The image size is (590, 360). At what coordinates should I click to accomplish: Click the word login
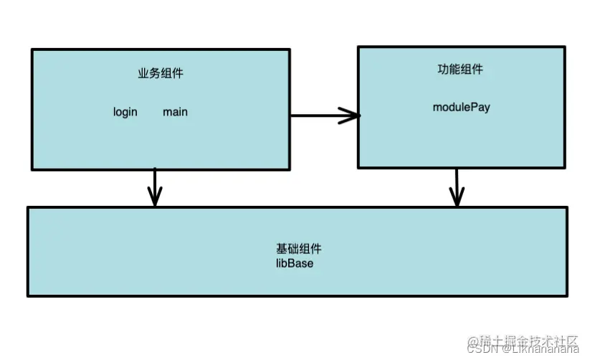pyautogui.click(x=125, y=112)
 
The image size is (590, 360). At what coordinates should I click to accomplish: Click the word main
pyautogui.click(x=175, y=112)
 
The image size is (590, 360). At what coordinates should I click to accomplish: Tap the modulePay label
pyautogui.click(x=461, y=107)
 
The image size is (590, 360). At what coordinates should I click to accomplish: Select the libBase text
pyautogui.click(x=295, y=263)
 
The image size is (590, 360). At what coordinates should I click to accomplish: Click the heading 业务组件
pyautogui.click(x=161, y=73)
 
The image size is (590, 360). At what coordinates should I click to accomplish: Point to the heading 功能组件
pyautogui.click(x=460, y=70)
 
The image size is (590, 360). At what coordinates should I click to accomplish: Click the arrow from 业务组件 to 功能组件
pyautogui.click(x=323, y=115)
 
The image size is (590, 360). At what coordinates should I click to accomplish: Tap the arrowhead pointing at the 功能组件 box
pyautogui.click(x=351, y=115)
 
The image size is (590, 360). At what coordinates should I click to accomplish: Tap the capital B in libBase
pyautogui.click(x=289, y=263)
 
